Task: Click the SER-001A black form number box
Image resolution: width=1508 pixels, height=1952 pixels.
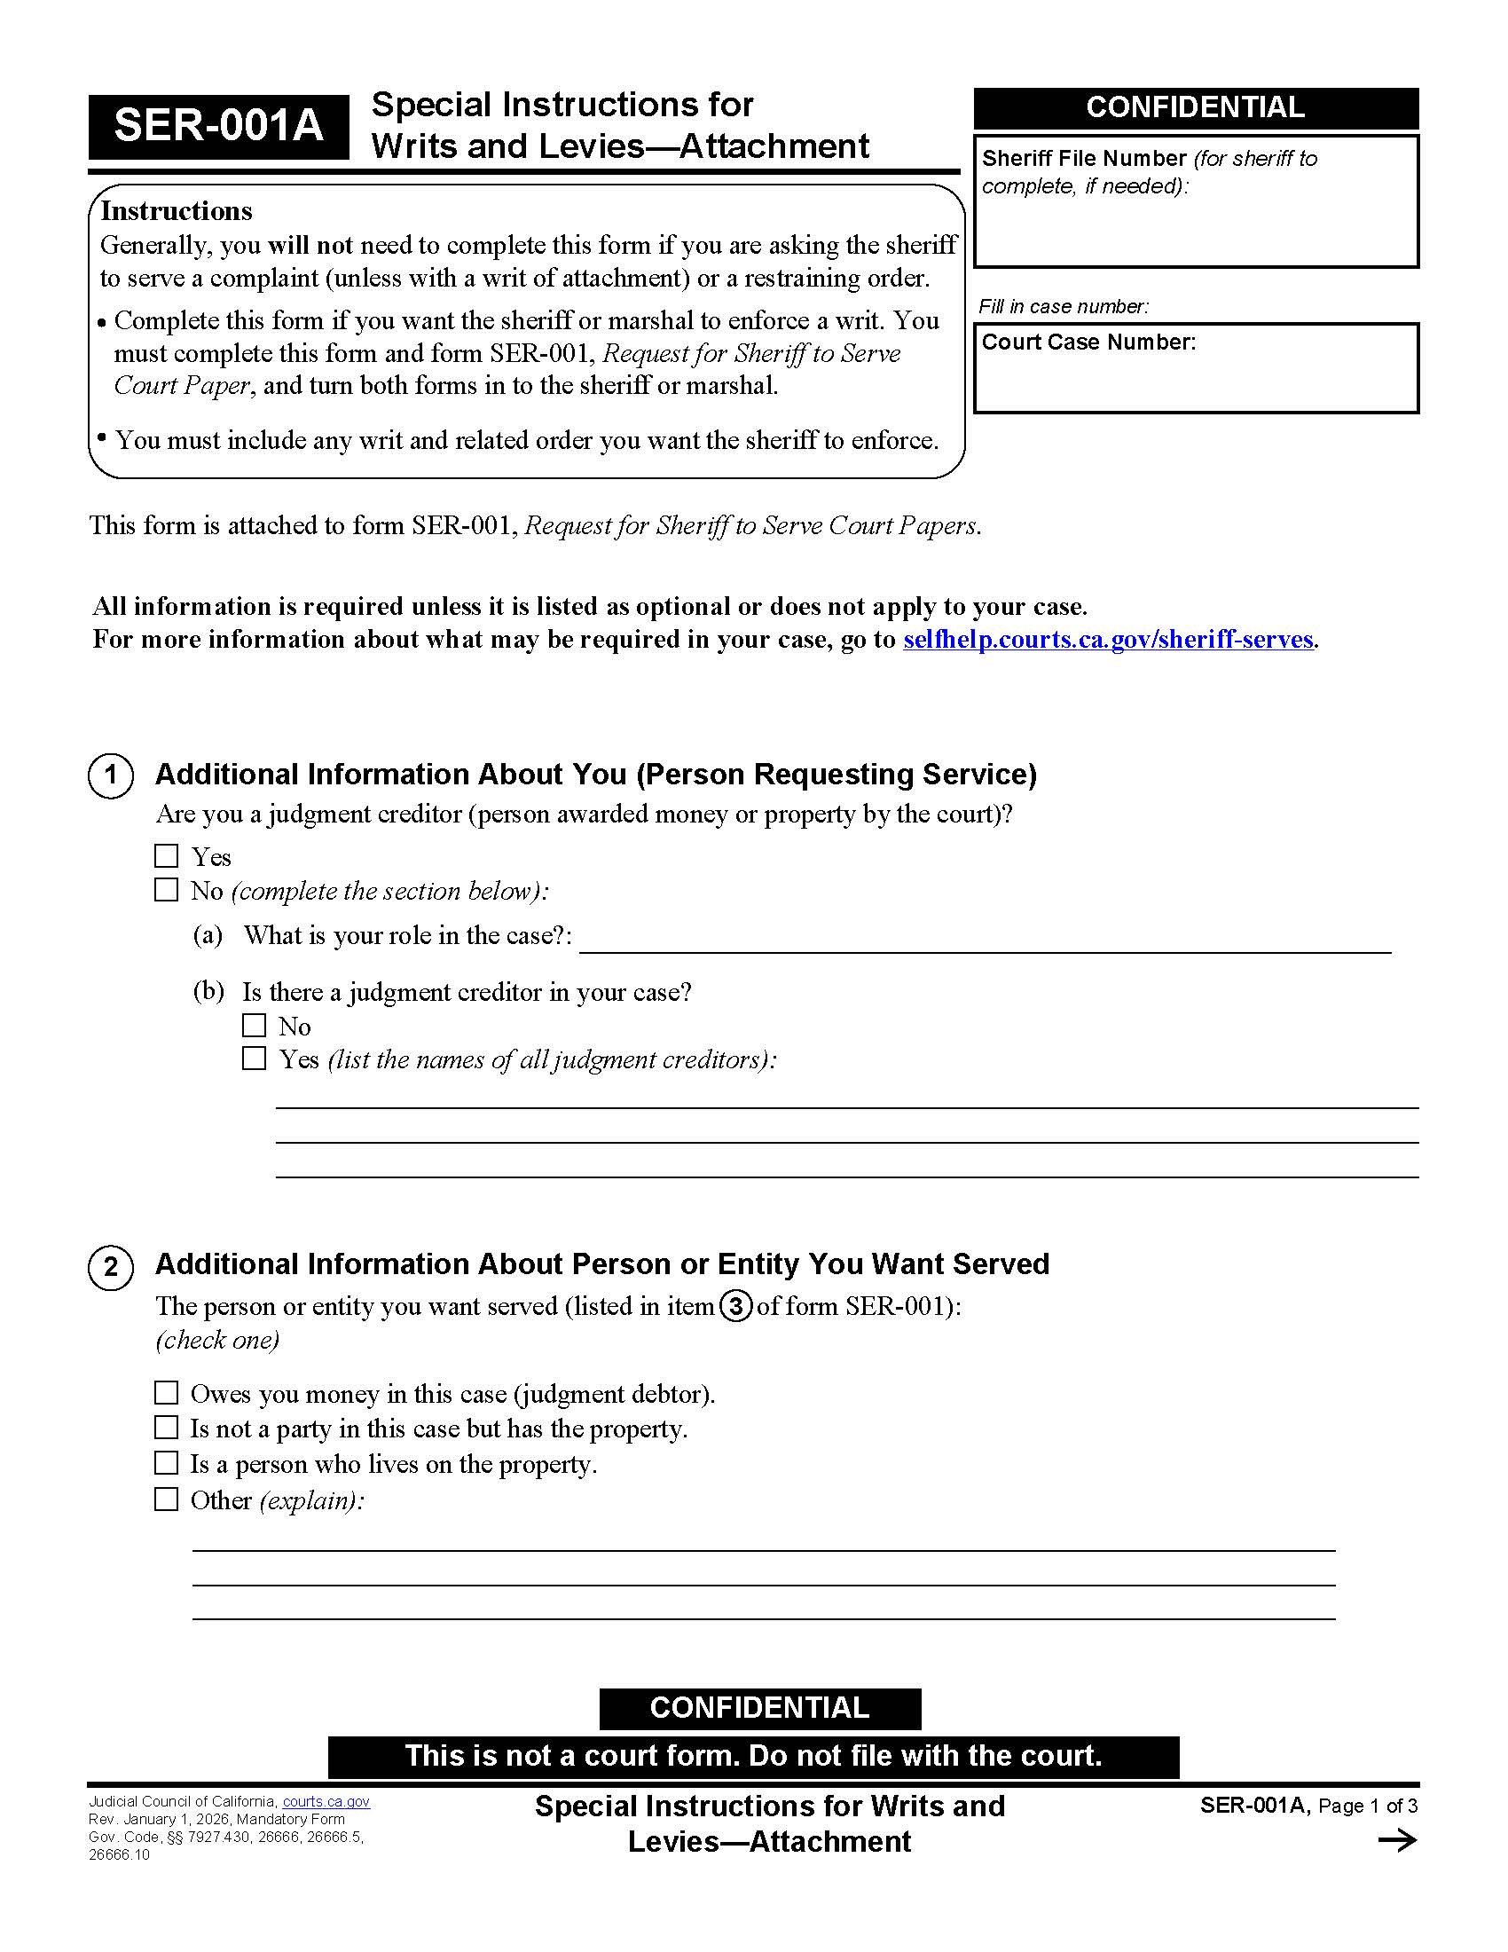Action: coord(218,126)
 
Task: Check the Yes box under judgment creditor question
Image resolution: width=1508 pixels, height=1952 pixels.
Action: coord(166,856)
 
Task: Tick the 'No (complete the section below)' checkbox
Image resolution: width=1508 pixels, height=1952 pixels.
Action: coord(166,890)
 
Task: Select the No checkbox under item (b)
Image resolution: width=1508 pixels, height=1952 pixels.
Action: coord(255,1025)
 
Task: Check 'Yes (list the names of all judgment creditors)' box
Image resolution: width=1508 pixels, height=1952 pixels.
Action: coord(255,1059)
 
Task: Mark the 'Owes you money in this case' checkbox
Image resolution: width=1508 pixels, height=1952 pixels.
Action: coord(166,1393)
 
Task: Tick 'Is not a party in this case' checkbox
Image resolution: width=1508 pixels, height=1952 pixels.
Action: coord(166,1428)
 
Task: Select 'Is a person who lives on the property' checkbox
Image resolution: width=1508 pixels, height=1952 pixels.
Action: coord(166,1463)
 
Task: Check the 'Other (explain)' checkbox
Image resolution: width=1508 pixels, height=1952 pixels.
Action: coord(166,1499)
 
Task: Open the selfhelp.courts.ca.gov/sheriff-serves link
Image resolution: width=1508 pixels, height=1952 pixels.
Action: coord(1108,640)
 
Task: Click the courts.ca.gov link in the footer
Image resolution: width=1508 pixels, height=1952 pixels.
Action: coord(326,1802)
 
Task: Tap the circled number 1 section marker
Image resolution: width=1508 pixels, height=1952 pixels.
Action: coord(111,775)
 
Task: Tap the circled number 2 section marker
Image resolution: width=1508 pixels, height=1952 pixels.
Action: coord(111,1267)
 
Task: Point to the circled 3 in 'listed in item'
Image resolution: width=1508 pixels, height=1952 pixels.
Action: coord(735,1308)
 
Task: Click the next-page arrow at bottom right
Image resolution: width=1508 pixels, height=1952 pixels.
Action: coord(1397,1840)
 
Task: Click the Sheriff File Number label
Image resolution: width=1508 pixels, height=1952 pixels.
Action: coord(1084,158)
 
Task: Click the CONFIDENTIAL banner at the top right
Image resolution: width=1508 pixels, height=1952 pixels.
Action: coord(1196,108)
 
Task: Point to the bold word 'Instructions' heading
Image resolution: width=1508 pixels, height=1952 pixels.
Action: coord(176,211)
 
